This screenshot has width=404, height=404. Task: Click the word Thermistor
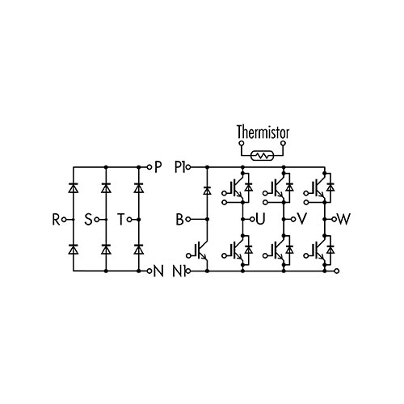click(x=263, y=132)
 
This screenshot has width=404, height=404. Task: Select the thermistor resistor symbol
click(x=262, y=155)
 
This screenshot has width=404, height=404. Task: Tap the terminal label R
click(x=56, y=220)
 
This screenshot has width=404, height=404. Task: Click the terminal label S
click(x=88, y=220)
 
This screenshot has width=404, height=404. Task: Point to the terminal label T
click(x=121, y=220)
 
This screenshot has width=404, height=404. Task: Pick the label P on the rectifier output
click(x=158, y=167)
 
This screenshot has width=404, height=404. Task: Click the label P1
click(x=179, y=167)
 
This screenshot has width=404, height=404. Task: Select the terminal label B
click(x=179, y=220)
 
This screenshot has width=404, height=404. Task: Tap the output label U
click(x=260, y=219)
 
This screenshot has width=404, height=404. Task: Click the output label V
click(x=301, y=219)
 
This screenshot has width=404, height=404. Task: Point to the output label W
click(x=344, y=219)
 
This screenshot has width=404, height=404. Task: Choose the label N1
click(x=179, y=271)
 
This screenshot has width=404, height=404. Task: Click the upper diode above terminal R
click(x=73, y=187)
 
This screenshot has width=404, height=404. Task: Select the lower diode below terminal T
click(x=138, y=249)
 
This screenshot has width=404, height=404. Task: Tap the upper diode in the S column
click(x=106, y=187)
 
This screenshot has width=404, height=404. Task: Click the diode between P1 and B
click(x=207, y=191)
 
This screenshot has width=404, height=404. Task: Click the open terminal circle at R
click(x=64, y=220)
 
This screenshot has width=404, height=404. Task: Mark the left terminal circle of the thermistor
click(x=241, y=143)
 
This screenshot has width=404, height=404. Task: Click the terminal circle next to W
click(x=334, y=219)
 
